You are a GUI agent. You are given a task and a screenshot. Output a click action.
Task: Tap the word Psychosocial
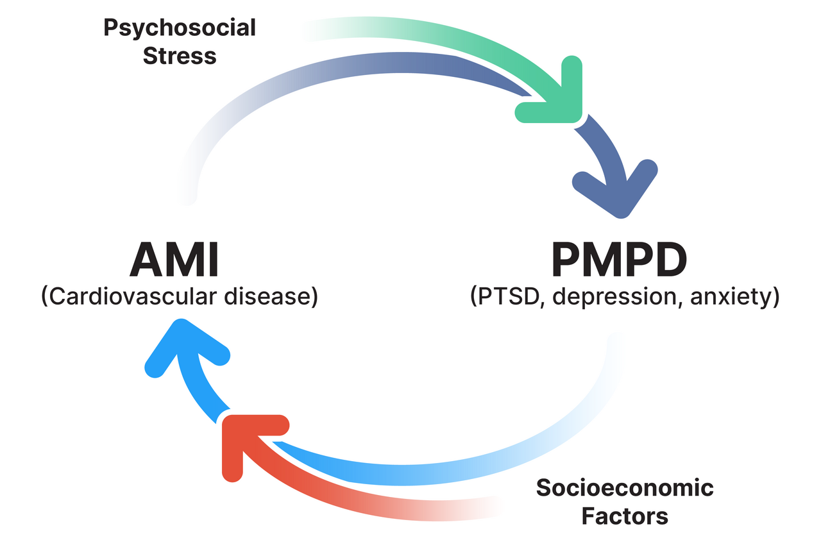click(x=180, y=28)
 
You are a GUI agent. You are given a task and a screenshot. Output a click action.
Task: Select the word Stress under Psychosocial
click(x=180, y=56)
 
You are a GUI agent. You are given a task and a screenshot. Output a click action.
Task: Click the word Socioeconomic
click(x=625, y=488)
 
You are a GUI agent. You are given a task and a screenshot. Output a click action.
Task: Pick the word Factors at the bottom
click(x=625, y=516)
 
